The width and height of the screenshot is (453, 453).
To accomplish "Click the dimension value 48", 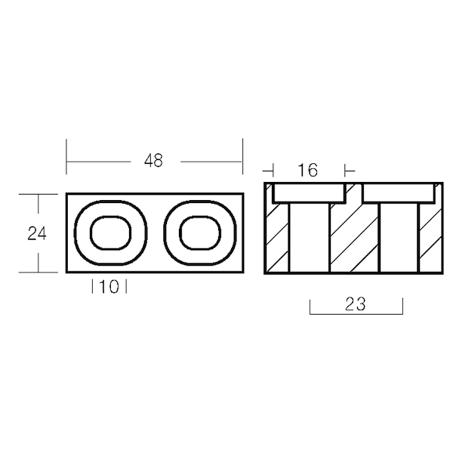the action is [x=153, y=161].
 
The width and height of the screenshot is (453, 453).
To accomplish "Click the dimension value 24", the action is [x=37, y=234].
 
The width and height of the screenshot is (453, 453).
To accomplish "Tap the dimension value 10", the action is [x=109, y=287].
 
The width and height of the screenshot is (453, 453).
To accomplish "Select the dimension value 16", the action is [x=308, y=170].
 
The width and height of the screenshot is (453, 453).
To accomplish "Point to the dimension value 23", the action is [x=356, y=304].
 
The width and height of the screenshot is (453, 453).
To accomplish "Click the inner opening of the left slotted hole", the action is [x=111, y=233].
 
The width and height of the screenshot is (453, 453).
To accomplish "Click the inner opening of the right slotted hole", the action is [x=200, y=233].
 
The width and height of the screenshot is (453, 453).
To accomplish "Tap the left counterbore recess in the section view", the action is [x=309, y=193].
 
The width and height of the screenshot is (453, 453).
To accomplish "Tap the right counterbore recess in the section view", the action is [x=399, y=193].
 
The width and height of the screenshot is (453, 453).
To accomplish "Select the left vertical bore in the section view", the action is [x=309, y=238].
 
